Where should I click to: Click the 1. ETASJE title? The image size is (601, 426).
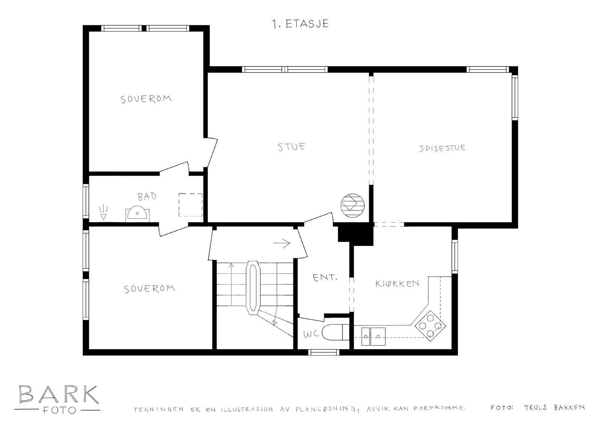point(300,24)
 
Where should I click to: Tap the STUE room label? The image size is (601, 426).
point(291,146)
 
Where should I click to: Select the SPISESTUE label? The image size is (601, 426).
point(442,148)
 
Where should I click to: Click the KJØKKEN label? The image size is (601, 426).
point(397,283)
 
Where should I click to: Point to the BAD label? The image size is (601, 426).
point(147,196)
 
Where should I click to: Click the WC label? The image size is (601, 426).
point(311,334)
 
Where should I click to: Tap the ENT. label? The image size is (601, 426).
point(325,278)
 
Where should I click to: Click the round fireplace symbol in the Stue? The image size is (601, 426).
point(353,205)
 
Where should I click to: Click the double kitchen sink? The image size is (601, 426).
point(373,333)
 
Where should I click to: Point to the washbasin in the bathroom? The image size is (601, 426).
point(137,214)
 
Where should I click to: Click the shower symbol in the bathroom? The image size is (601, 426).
point(103,212)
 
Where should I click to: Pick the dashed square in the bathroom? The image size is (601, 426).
point(190,205)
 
